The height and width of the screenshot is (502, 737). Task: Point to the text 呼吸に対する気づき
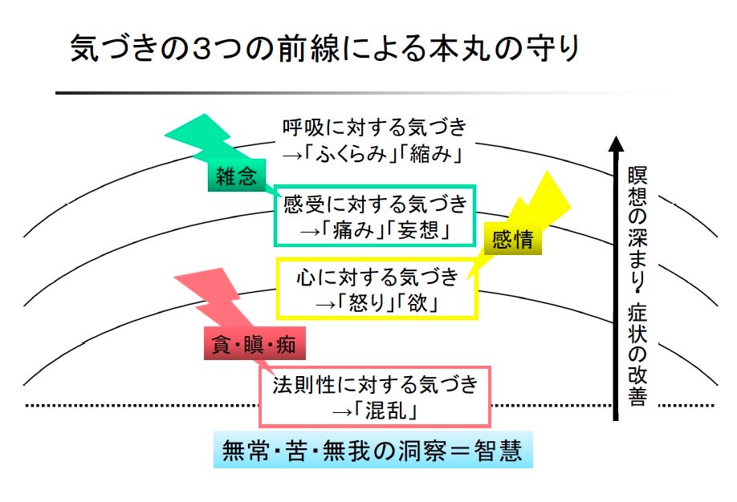coord(374,128)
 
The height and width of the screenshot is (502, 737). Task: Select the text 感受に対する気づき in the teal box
coord(375,204)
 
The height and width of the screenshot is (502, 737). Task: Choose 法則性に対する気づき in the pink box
coord(376,386)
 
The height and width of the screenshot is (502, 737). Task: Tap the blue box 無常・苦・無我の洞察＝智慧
coord(372,451)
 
